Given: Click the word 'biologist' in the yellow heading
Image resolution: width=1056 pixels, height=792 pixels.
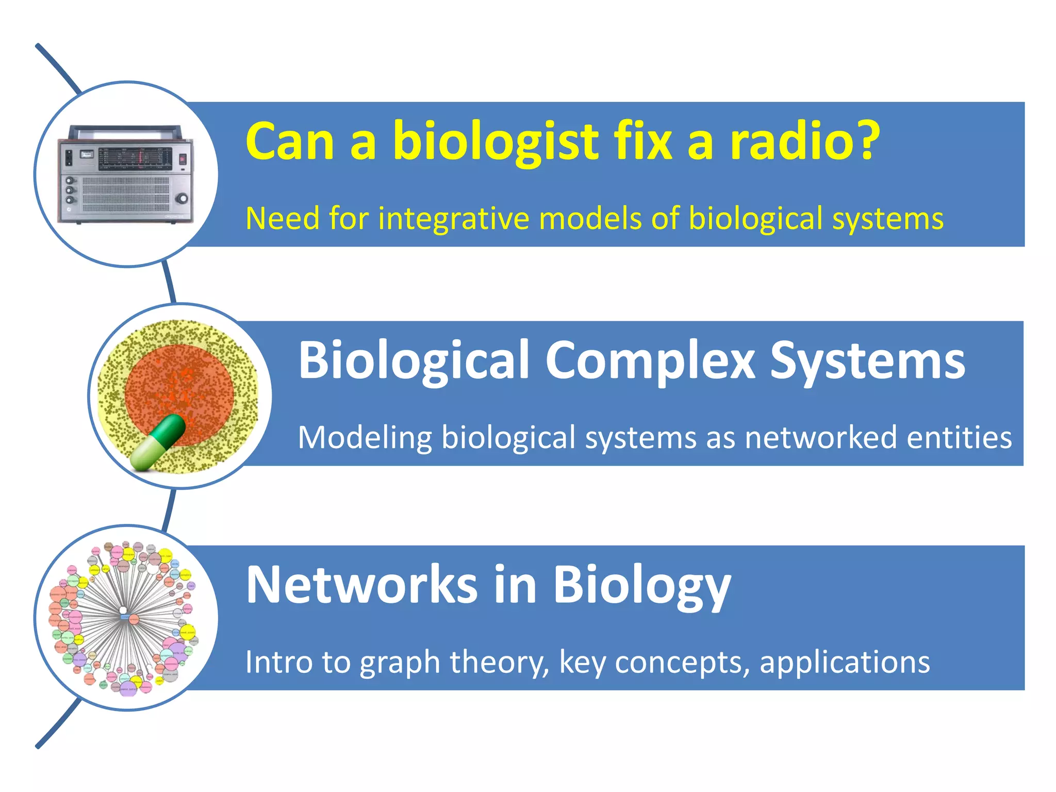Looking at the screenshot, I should pyautogui.click(x=495, y=142).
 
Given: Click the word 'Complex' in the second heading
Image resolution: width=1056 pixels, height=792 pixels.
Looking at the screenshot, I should pyautogui.click(x=650, y=361).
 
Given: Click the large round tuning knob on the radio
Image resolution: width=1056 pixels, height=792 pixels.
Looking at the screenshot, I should pyautogui.click(x=181, y=199).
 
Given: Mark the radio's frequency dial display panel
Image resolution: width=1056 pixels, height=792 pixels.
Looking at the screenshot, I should pyautogui.click(x=135, y=159).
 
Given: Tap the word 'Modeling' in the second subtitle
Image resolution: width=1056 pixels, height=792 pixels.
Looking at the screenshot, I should pyautogui.click(x=364, y=439).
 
